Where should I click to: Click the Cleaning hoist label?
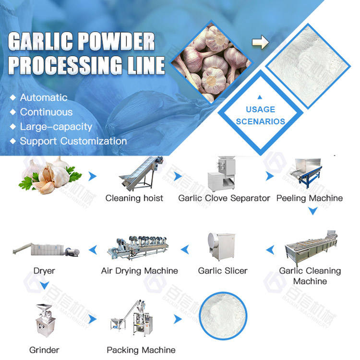pos(134,198)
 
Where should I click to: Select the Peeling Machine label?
pos(310,198)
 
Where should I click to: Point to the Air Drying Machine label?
pos(139,271)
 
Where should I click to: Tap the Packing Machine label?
pos(141,350)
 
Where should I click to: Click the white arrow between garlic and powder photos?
pos(260,43)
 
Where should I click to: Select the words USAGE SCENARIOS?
pos(261,116)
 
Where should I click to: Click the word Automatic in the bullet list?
pos(44,97)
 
